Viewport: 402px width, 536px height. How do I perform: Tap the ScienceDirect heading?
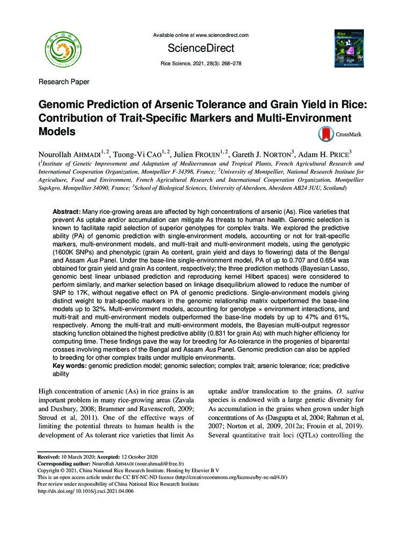(x=201, y=49)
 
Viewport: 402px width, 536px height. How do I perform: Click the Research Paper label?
(x=64, y=82)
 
